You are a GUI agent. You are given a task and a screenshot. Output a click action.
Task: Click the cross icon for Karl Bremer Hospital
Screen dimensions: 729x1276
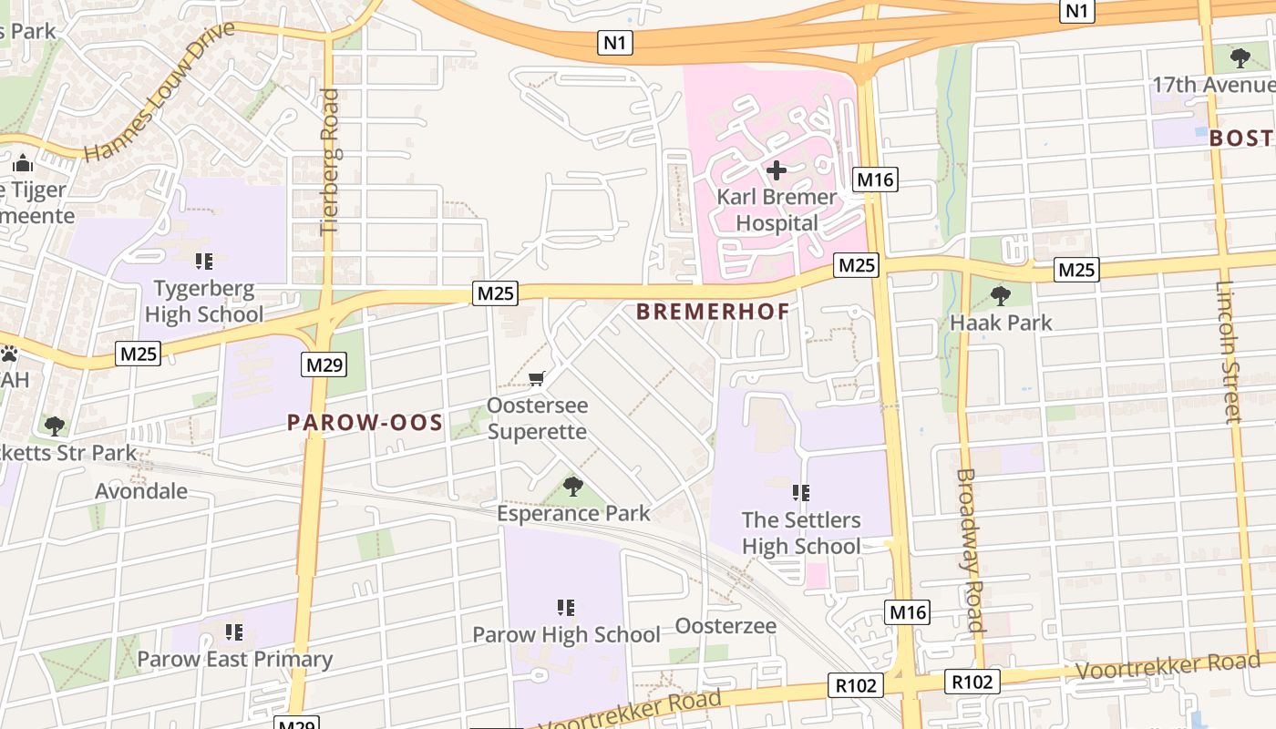(x=776, y=169)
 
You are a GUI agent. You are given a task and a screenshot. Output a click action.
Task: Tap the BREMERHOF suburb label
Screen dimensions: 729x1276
(x=713, y=312)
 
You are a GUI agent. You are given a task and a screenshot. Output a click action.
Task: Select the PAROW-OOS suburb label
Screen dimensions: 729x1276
(x=365, y=423)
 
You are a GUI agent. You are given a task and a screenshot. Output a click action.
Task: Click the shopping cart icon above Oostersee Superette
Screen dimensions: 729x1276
(x=537, y=378)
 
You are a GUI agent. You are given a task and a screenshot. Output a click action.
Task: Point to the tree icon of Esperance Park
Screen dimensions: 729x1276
(x=573, y=487)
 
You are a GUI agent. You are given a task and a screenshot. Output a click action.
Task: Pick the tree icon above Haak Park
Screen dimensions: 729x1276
(x=1001, y=295)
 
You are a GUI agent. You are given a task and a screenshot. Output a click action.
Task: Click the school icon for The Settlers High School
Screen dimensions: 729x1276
(x=801, y=493)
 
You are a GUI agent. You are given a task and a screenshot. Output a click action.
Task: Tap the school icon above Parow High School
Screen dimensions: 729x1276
(x=565, y=607)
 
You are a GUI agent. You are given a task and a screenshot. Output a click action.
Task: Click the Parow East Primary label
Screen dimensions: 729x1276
(x=234, y=659)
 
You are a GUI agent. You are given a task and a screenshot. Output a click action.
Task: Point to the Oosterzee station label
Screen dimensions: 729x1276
(x=725, y=626)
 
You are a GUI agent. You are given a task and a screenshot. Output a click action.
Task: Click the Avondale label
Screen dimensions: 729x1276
(x=141, y=491)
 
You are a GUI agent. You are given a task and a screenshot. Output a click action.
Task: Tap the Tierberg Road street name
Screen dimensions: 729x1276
(x=329, y=161)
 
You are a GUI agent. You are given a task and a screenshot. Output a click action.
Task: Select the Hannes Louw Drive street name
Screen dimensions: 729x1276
(x=159, y=91)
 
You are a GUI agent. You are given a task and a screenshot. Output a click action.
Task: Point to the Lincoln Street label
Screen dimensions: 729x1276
(x=1228, y=352)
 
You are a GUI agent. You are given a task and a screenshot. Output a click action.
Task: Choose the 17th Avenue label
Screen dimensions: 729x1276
(x=1212, y=85)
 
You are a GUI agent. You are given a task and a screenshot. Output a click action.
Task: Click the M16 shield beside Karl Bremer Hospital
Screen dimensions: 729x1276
(x=875, y=180)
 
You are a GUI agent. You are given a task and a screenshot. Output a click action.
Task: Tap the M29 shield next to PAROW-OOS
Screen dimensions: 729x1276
(x=324, y=365)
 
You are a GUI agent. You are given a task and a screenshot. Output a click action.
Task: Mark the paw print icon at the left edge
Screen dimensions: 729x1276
(x=9, y=354)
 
